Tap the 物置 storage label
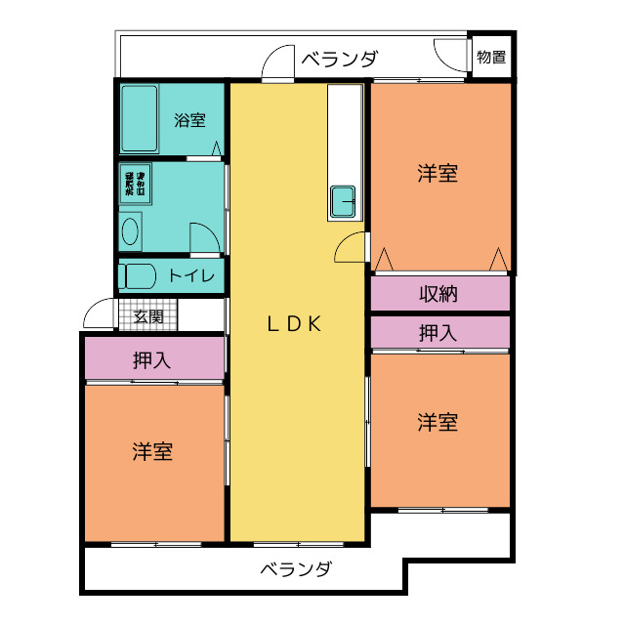point(491,57)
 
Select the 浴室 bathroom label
point(189,121)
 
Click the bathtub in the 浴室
point(139,118)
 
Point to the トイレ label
point(190,275)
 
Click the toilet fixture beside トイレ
point(136,275)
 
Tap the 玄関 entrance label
point(148,316)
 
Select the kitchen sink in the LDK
point(344,201)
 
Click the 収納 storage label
point(438,293)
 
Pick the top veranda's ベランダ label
point(338,59)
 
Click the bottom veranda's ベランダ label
point(296,568)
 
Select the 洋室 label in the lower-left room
point(153,452)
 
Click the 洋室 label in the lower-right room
point(437,423)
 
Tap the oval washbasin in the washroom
point(131,232)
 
